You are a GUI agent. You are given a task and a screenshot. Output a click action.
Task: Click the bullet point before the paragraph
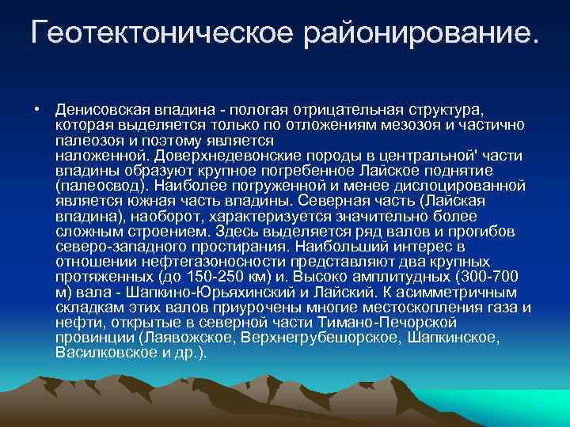pyautogui.click(x=37, y=108)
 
